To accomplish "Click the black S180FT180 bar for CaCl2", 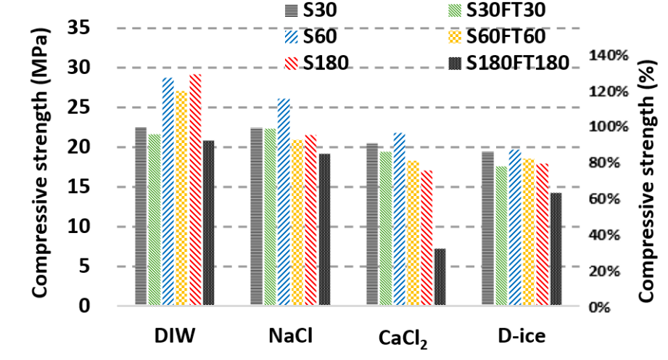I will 440,277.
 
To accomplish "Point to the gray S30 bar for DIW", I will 141,216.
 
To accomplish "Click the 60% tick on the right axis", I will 607,199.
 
